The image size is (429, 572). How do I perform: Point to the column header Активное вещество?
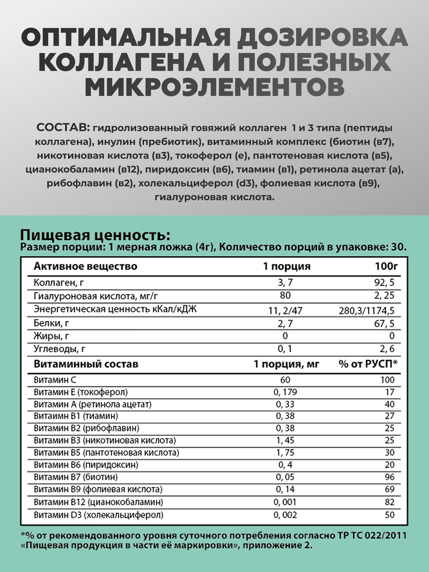click(x=86, y=266)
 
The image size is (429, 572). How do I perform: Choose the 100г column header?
click(x=386, y=266)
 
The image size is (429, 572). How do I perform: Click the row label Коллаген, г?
click(x=59, y=282)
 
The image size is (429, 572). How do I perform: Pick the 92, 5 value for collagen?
click(x=384, y=282)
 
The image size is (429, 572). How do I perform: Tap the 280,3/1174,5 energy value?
click(x=366, y=311)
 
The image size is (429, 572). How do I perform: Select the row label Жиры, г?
click(x=51, y=336)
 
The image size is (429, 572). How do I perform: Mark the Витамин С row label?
click(x=55, y=380)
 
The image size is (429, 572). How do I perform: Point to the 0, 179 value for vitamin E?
click(x=285, y=392)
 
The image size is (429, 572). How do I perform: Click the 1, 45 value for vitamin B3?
click(x=285, y=440)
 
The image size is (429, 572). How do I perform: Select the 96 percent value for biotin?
click(x=389, y=477)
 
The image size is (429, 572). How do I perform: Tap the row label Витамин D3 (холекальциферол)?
click(x=99, y=515)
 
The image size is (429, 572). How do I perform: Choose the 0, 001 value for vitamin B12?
click(x=285, y=502)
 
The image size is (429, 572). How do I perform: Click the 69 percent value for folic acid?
click(x=389, y=489)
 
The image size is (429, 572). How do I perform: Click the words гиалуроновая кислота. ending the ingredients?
click(x=214, y=197)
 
